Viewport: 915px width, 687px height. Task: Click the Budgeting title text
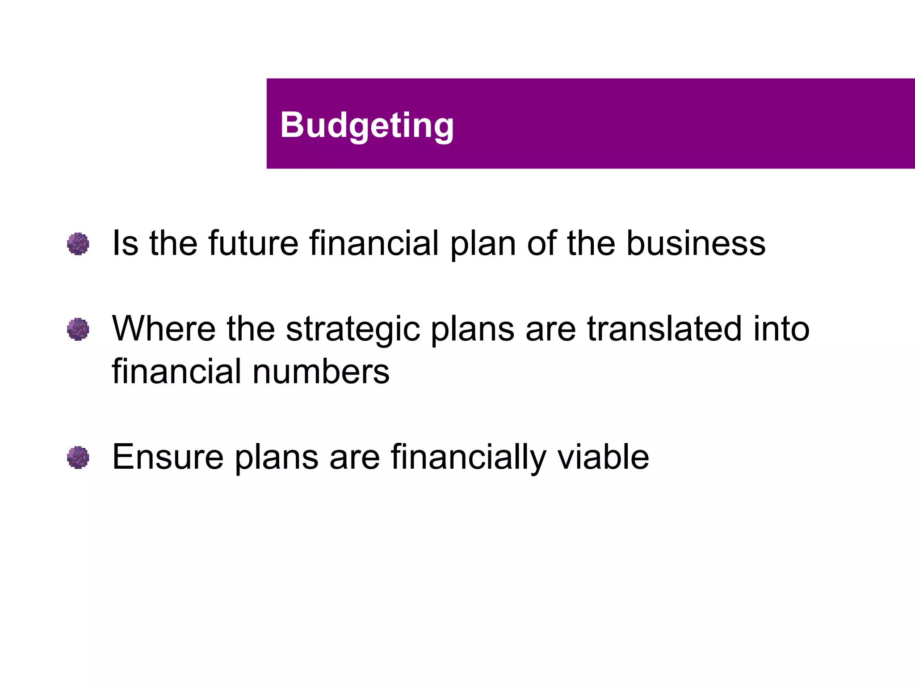(367, 125)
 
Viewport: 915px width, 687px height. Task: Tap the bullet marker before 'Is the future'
(78, 244)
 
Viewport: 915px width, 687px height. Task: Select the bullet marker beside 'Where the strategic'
(78, 329)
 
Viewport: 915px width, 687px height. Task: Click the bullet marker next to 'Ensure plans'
(78, 458)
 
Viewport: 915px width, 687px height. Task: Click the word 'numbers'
(321, 371)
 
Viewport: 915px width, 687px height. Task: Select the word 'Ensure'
(168, 457)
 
